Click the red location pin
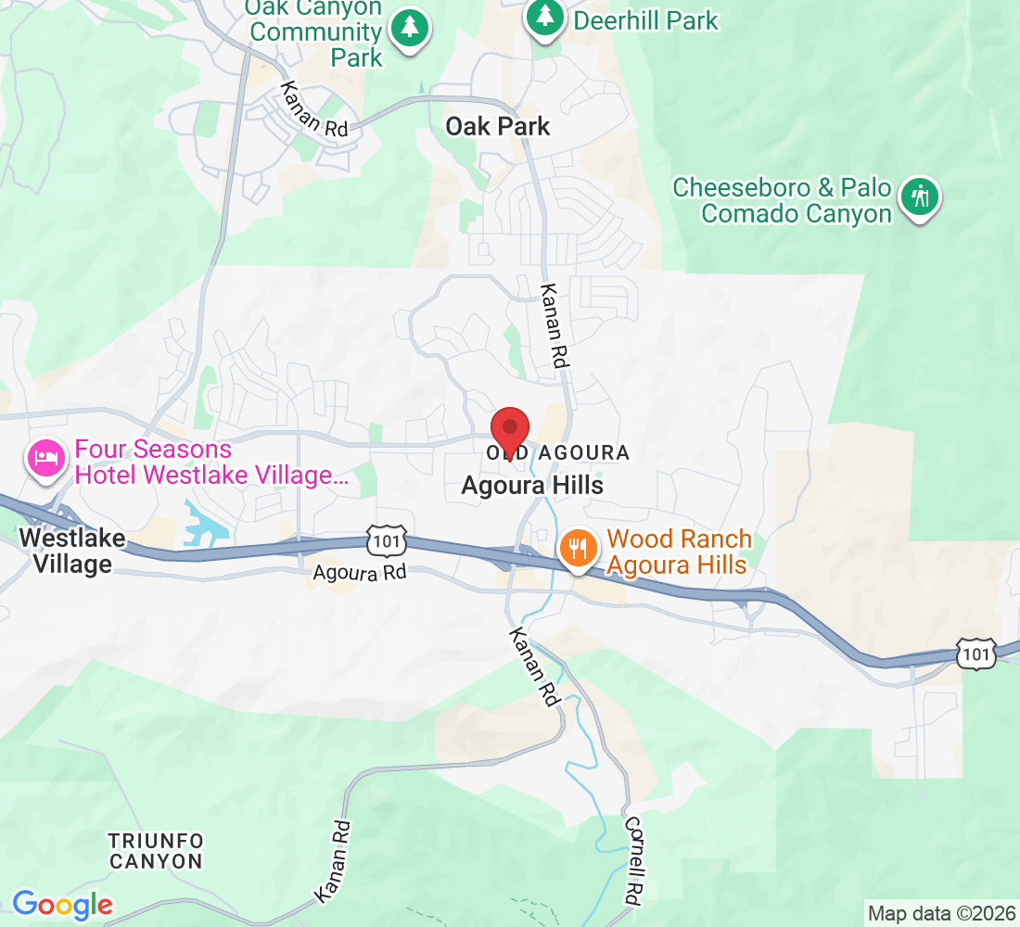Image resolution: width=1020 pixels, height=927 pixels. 509,429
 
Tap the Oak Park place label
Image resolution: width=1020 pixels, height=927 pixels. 498,126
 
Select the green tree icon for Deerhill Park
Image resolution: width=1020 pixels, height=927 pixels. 545,18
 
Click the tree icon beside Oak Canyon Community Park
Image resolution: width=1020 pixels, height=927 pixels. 408,27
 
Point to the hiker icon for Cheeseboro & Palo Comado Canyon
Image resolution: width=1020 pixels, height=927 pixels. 920,196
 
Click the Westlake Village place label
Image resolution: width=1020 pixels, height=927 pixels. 65,551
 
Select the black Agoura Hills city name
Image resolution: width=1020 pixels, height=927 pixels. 532,485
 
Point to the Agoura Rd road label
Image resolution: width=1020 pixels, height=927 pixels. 360,573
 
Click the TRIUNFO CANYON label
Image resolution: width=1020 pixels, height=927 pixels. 155,851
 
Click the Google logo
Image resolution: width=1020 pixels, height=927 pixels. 62,904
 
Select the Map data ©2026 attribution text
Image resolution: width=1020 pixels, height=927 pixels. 940,913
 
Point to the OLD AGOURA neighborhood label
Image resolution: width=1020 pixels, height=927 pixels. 558,453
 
